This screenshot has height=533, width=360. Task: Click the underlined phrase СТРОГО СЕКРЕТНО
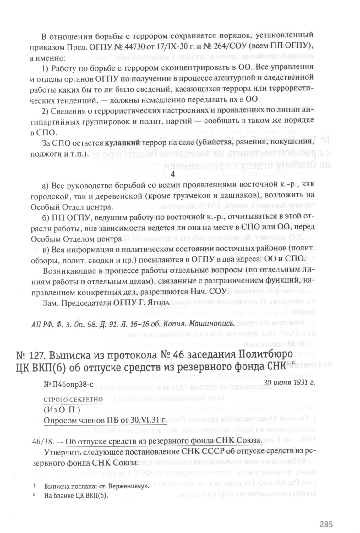73,400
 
